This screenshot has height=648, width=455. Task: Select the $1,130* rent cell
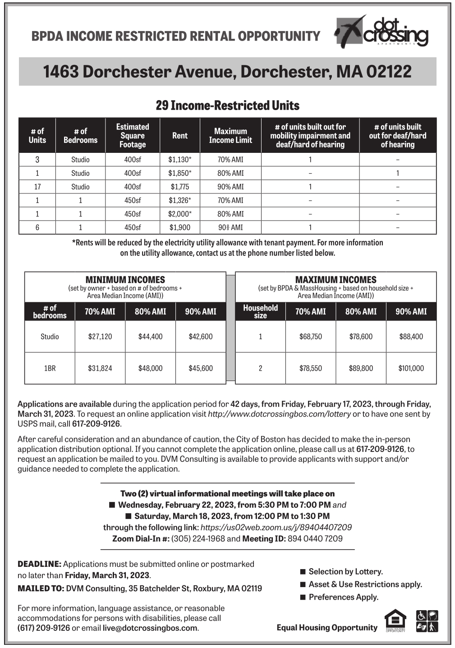179,160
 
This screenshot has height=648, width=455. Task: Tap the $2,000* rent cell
179,214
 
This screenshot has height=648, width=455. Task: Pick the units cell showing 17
37,187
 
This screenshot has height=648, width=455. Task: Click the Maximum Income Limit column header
230,136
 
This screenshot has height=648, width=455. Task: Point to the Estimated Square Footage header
132,136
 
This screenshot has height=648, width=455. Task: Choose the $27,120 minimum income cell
100,336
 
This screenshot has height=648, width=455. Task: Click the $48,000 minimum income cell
150,368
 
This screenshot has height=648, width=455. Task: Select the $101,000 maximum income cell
411,368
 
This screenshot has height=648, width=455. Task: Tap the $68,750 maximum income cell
310,336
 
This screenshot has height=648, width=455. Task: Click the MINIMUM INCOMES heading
125,280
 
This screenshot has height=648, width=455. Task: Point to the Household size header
260,312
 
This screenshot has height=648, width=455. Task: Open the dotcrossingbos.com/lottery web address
279,414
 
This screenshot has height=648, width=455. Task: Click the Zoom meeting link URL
276,527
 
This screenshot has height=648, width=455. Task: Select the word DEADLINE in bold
39,564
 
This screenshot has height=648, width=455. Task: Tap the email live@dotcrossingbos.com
150,628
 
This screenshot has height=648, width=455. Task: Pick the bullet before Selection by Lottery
303,572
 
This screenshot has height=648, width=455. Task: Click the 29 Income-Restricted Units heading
227,106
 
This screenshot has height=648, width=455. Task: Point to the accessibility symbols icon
427,621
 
